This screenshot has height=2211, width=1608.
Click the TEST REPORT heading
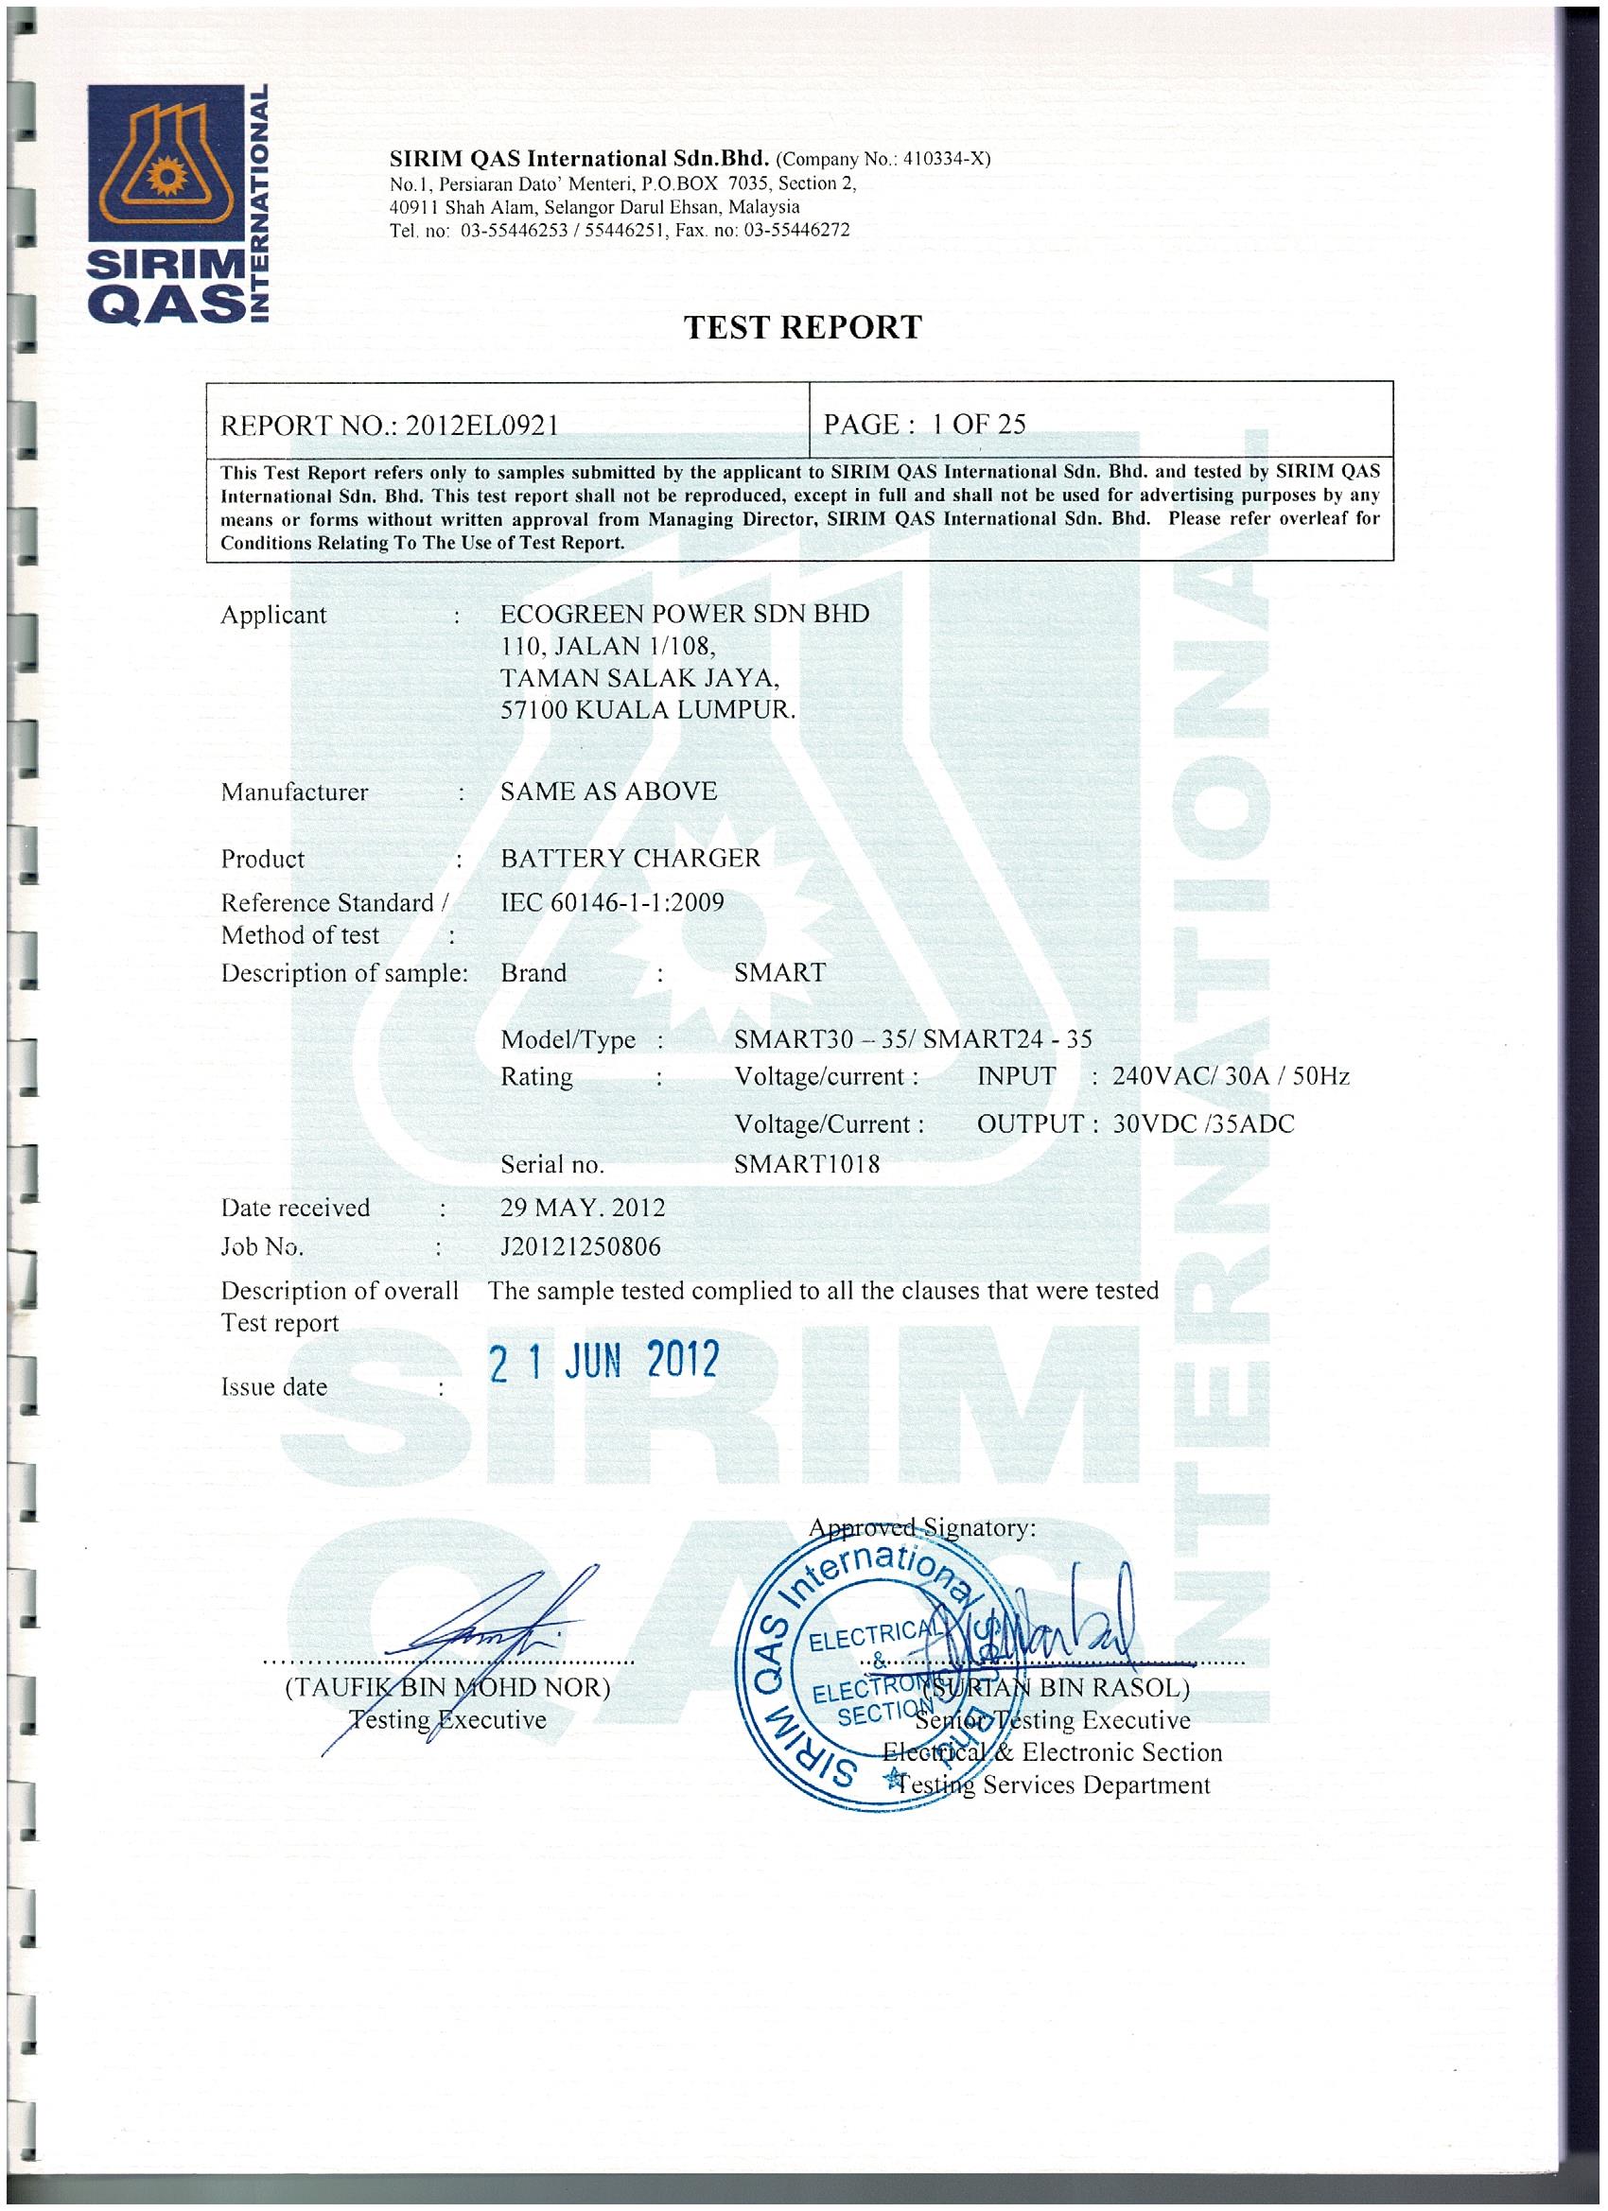801,327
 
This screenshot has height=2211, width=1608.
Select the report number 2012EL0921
481,425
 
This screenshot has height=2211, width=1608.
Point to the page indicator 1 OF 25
978,424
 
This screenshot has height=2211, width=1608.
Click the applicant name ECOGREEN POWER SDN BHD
684,614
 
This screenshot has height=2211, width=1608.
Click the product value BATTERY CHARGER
630,858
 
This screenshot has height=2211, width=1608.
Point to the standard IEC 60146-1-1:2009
612,902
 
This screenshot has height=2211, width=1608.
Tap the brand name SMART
779,972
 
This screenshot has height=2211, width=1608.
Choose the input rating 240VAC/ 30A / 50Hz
1231,1076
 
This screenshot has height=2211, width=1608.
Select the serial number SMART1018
807,1164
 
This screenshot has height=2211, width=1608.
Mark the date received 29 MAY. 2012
582,1208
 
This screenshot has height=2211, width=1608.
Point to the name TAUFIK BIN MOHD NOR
447,1687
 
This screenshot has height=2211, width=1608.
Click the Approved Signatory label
922,1527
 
